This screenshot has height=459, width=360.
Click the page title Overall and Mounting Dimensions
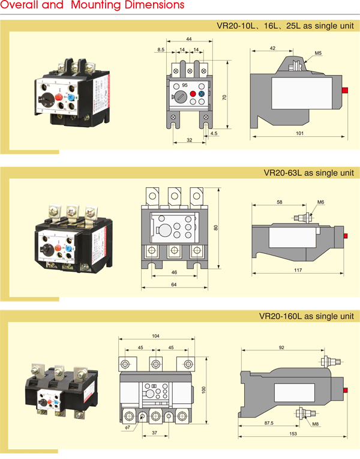[x=92, y=6]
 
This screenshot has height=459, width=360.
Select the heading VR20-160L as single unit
[x=307, y=316]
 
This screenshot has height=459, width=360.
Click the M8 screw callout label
[x=315, y=424]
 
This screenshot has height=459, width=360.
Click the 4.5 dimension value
[x=214, y=133]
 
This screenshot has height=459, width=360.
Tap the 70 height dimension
[x=224, y=97]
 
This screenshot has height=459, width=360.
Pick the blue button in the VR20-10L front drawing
[x=202, y=94]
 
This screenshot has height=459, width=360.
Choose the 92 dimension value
[x=283, y=347]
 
